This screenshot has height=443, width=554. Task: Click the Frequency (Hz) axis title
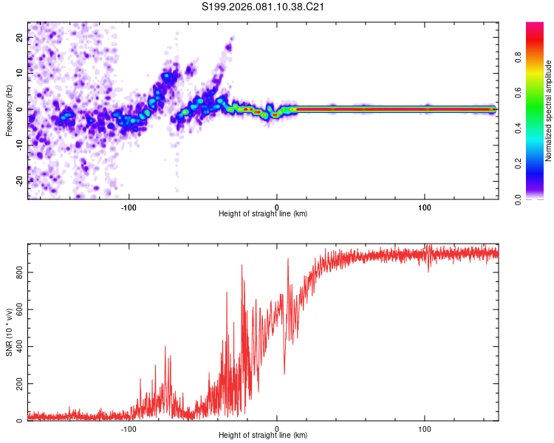[x=10, y=109]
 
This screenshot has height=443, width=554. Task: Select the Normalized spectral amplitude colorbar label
[x=549, y=111]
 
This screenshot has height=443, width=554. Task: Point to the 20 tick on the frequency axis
[x=20, y=39]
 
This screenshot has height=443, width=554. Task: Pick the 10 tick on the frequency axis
[x=20, y=74]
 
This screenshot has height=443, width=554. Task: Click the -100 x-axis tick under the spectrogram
[x=129, y=206]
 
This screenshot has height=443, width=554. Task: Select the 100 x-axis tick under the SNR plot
[x=425, y=428]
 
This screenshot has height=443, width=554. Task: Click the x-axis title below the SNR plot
[x=263, y=436]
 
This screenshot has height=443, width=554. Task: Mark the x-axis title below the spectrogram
[x=263, y=214]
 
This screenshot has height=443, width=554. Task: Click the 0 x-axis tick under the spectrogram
[x=277, y=206]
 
